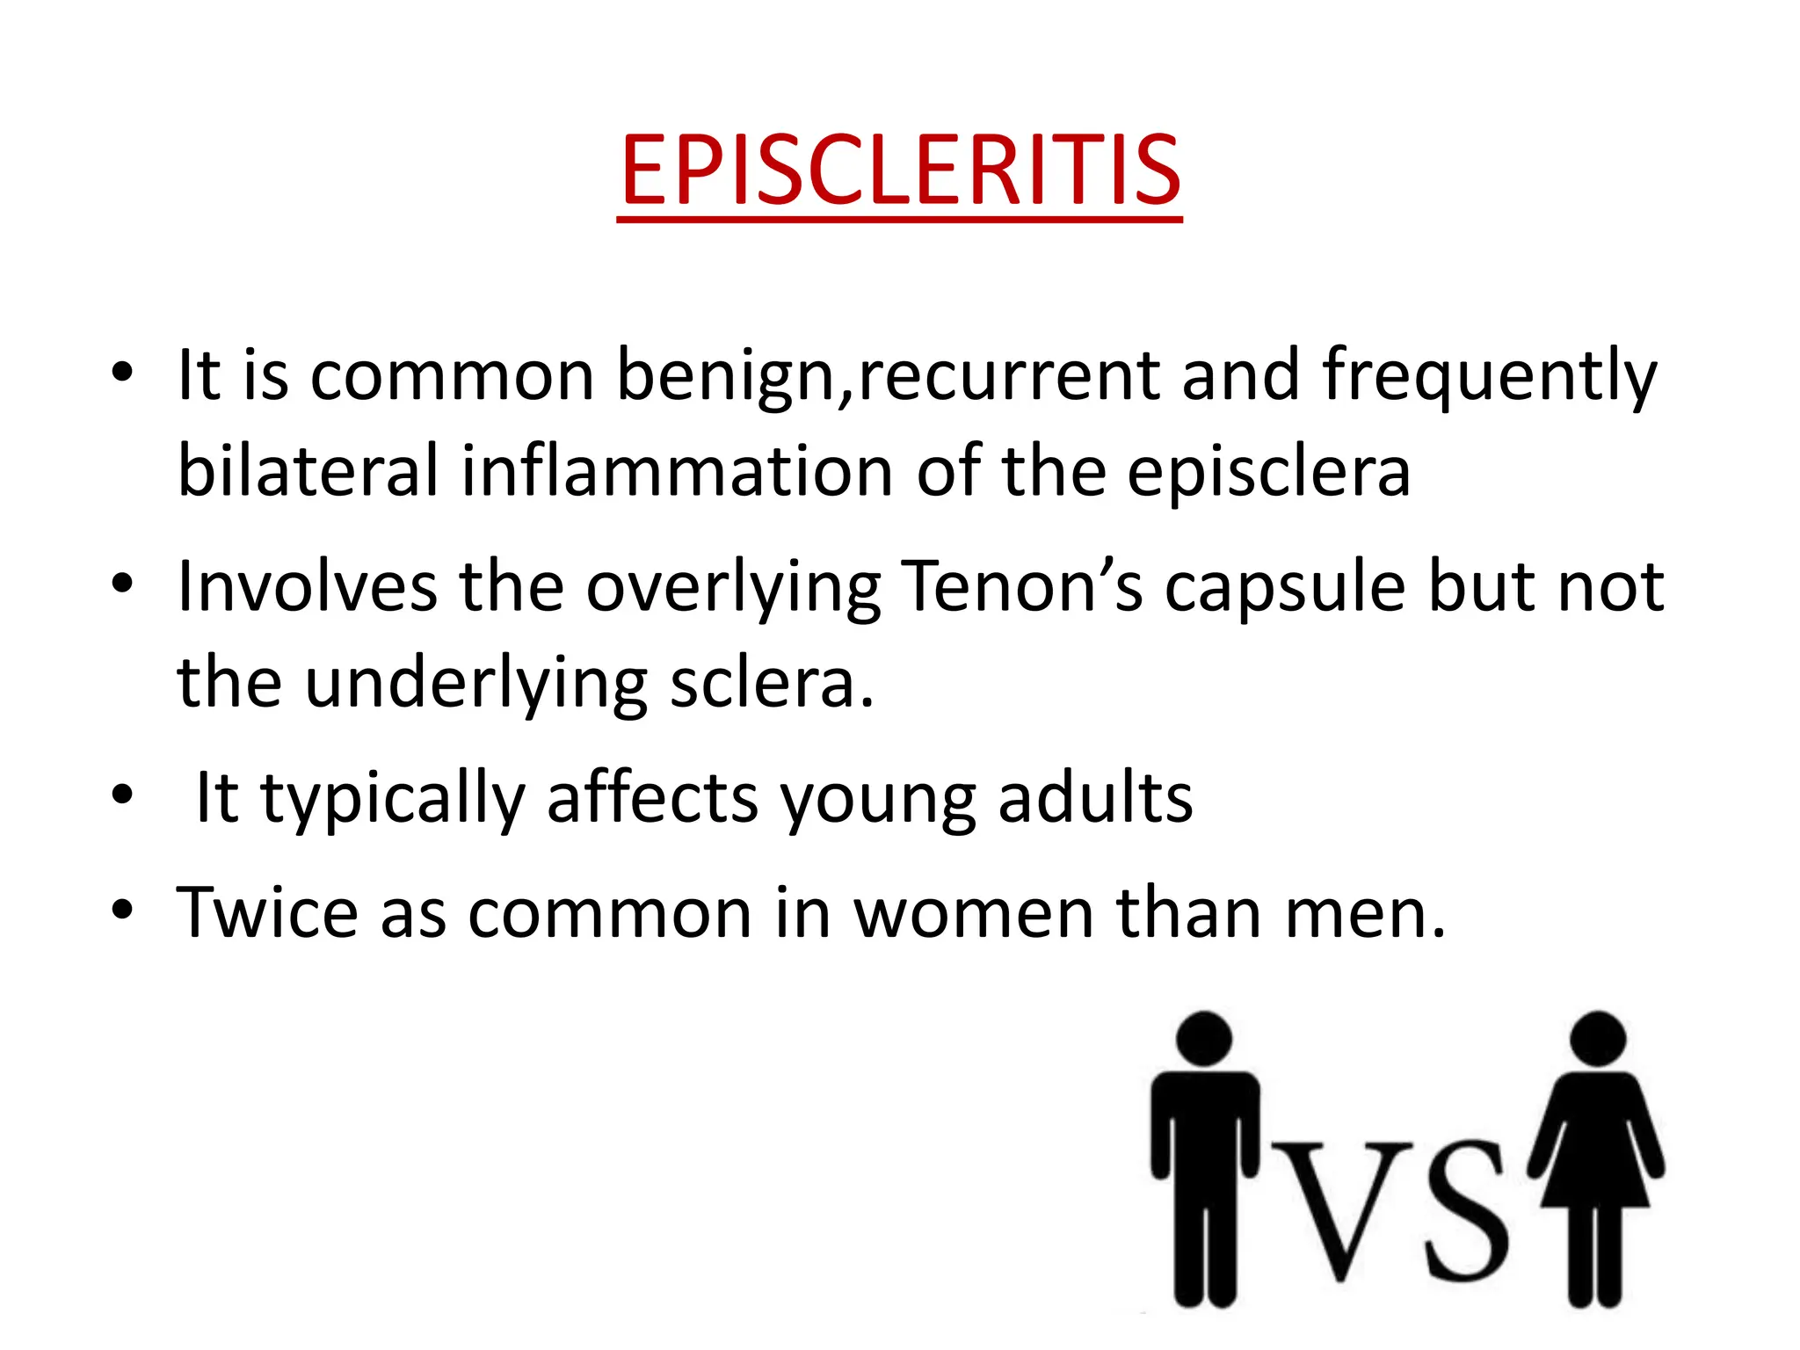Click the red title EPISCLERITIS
pos(900,171)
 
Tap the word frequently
pos(1489,376)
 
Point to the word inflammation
pos(678,472)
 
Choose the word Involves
pos(307,587)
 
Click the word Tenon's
pos(1022,587)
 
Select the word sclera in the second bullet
pos(762,685)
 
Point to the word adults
pos(1095,797)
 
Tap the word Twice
pos(267,913)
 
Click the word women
pos(974,915)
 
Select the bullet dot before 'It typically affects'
pos(122,795)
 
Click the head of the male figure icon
pos(1203,1038)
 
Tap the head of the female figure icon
pos(1597,1038)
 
